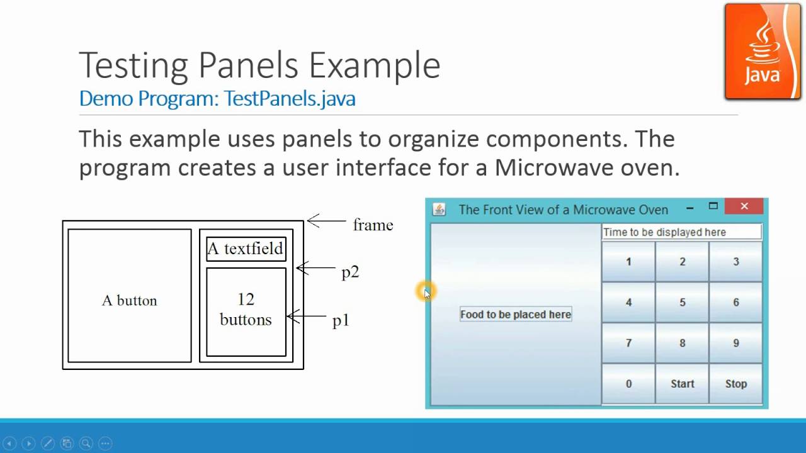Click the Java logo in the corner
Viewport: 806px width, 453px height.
pos(763,52)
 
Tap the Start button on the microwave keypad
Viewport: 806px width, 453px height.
pos(682,384)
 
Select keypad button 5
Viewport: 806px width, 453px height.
pos(682,303)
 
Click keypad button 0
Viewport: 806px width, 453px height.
pos(628,384)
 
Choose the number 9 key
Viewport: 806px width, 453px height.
pos(735,344)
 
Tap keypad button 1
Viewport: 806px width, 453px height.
pos(628,262)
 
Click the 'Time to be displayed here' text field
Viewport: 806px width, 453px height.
pos(681,232)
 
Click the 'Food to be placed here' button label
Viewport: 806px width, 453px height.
pos(516,315)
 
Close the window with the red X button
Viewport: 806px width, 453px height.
pos(744,206)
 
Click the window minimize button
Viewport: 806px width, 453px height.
pos(690,208)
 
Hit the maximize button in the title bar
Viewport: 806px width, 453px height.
pos(713,206)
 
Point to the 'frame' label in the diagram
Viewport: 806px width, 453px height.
pos(373,225)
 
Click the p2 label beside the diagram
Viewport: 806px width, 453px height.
pos(350,272)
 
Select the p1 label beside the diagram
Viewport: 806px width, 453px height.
pos(341,321)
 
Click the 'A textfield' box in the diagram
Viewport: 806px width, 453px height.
pos(246,249)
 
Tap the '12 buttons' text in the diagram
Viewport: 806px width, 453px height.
pos(246,310)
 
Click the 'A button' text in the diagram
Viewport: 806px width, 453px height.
pos(130,301)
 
